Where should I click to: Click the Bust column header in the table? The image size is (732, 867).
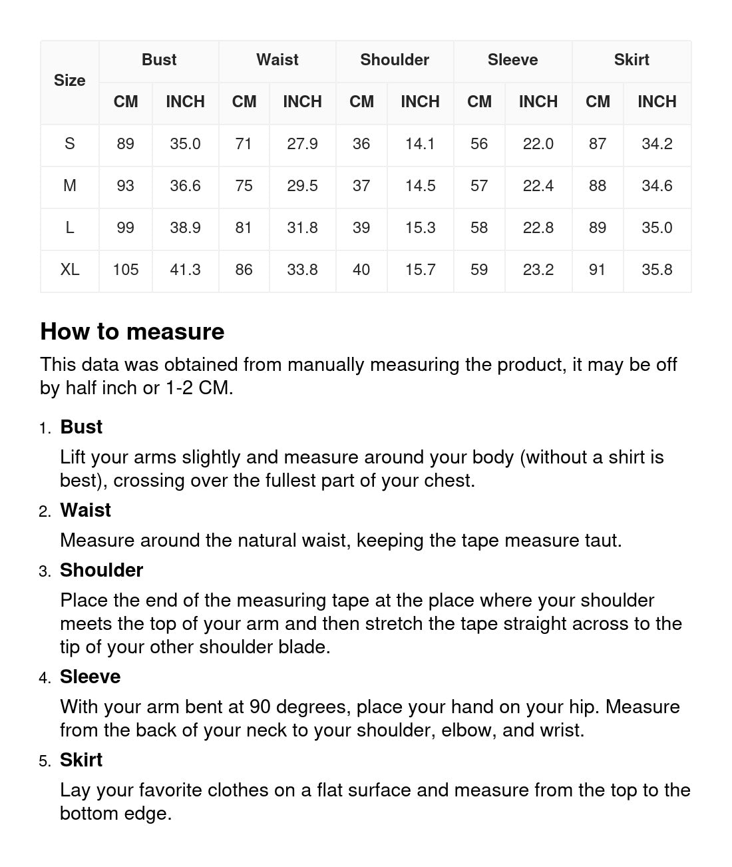(159, 60)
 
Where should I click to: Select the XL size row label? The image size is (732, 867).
(69, 270)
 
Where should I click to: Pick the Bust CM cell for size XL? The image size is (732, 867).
(125, 270)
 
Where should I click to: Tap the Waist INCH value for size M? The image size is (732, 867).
(302, 186)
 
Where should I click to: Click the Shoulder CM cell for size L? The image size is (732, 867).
(361, 228)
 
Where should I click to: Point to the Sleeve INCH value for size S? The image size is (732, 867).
(538, 144)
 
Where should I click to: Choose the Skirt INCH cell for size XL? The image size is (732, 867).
(656, 270)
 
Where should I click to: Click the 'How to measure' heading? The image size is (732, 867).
(132, 332)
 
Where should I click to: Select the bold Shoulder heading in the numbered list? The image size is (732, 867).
(101, 570)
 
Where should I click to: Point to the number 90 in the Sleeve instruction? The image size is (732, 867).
(260, 707)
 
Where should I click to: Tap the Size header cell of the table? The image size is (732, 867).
(69, 81)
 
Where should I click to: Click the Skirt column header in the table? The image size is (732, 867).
(631, 60)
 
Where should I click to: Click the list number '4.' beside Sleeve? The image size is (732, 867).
(45, 678)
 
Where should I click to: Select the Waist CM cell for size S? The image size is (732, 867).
(244, 144)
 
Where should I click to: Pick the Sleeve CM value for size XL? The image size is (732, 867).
(479, 270)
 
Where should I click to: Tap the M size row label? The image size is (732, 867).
(69, 186)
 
